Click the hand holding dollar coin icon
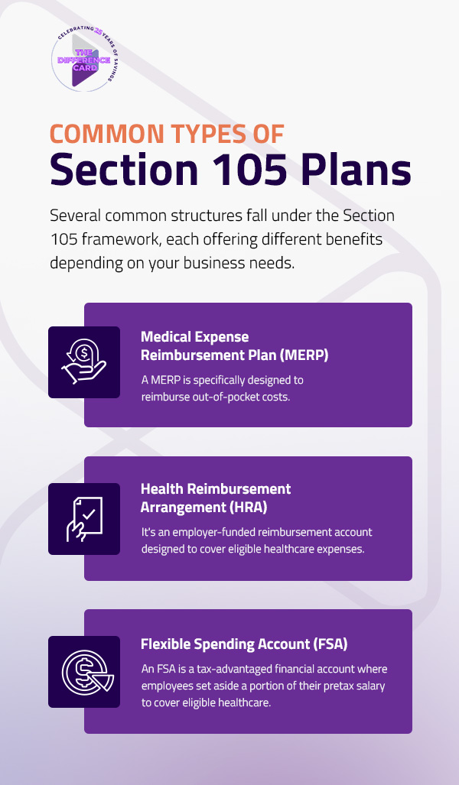pyautogui.click(x=84, y=362)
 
